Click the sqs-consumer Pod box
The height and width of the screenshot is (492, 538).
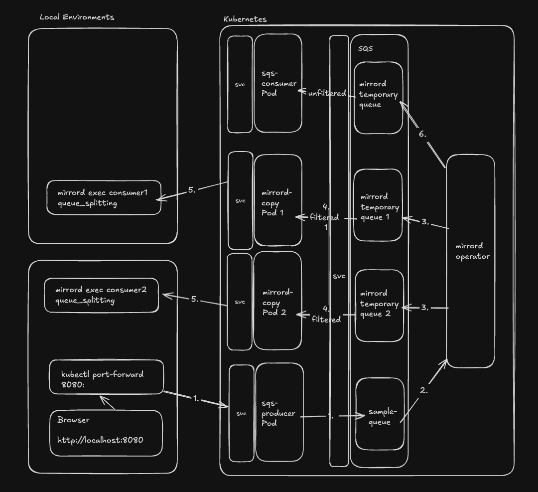(x=278, y=83)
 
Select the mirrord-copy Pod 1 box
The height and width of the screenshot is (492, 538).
(x=278, y=200)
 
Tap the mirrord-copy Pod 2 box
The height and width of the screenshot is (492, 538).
(x=277, y=301)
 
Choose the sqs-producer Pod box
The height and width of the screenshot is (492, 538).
(x=279, y=412)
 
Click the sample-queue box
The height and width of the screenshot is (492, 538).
(x=380, y=414)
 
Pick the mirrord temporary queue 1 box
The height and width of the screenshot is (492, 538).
(x=378, y=205)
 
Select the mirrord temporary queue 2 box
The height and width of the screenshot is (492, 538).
(x=380, y=305)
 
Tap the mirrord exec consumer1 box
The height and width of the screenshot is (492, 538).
(x=104, y=198)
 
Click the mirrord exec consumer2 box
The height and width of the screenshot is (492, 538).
(x=102, y=296)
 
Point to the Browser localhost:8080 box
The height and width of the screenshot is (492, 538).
(x=106, y=433)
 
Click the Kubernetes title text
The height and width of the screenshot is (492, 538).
(x=245, y=19)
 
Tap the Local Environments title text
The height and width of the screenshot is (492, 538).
(x=77, y=17)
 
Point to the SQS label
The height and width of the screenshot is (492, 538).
(x=365, y=48)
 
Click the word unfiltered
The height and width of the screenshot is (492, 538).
(x=327, y=93)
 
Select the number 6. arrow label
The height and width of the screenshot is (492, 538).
(x=422, y=134)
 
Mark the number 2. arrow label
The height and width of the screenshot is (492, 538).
(x=423, y=390)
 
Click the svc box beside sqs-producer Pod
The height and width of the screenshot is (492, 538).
(x=241, y=413)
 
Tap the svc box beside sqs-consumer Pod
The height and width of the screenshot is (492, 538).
(x=240, y=84)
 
